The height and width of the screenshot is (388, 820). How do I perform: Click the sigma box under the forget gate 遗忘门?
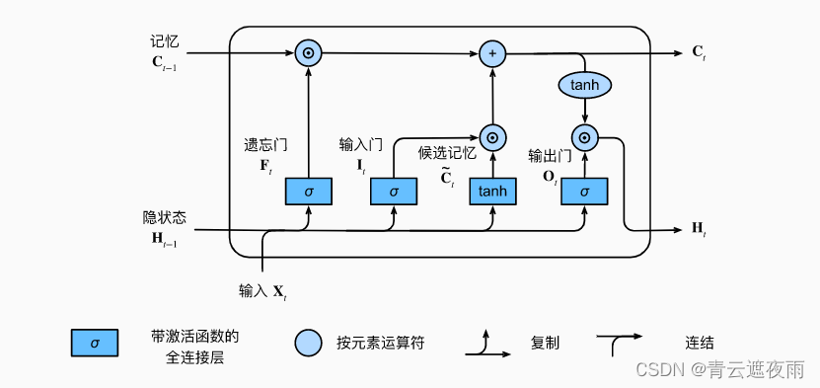point(309,191)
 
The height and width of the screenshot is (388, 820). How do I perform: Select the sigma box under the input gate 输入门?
point(394,191)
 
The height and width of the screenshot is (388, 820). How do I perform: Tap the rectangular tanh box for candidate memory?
point(491,191)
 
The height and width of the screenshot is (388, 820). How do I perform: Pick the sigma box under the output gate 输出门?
point(584,191)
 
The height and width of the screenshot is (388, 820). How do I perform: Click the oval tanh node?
point(584,86)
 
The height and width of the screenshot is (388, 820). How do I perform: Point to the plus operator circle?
point(491,52)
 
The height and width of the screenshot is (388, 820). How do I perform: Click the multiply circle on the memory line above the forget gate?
point(309,52)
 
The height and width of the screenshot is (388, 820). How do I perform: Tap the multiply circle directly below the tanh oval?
point(584,138)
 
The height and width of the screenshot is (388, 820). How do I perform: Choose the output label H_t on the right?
point(699,230)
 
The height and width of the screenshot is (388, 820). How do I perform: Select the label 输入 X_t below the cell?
point(261,291)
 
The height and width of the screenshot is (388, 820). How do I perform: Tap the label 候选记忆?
point(447,153)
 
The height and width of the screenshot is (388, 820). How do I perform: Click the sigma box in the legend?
point(95,343)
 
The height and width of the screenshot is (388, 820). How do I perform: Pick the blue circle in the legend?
point(309,343)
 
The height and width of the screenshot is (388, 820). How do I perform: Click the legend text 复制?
point(545,344)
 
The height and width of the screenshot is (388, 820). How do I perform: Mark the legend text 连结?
point(700,344)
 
